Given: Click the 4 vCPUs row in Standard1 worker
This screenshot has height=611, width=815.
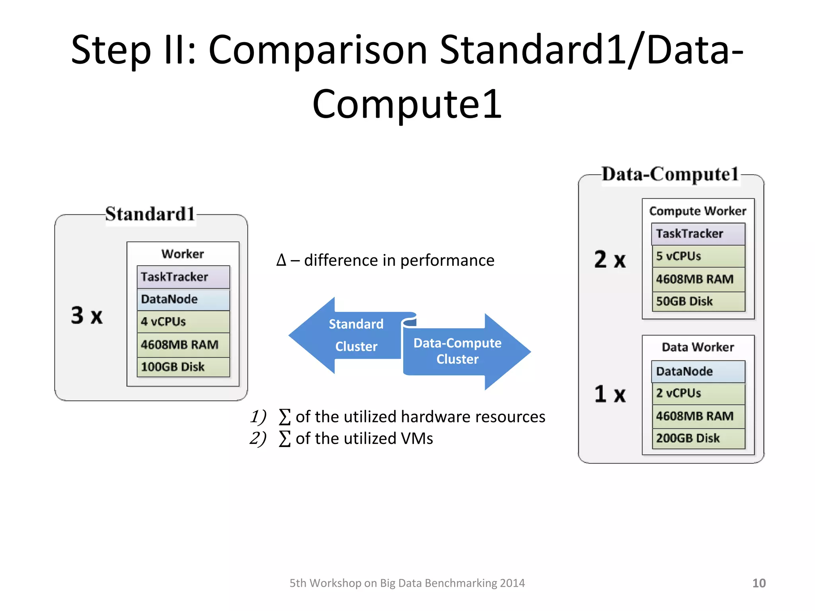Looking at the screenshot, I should (183, 321).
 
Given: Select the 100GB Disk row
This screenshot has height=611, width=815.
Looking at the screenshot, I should (183, 367).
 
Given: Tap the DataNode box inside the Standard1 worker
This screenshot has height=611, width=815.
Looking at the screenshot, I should (183, 299).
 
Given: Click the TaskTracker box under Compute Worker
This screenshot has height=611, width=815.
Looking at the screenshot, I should (698, 234).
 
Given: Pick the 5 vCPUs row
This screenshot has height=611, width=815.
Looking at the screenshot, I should (698, 256).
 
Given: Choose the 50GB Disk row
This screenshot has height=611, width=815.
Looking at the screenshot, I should (698, 302).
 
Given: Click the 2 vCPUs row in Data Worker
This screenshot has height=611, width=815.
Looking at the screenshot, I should (698, 393).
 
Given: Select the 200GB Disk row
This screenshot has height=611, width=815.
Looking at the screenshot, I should (698, 438).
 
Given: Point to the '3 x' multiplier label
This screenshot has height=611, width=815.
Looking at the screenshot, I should (87, 315).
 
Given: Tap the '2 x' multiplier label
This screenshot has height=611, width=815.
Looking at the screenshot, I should (610, 259).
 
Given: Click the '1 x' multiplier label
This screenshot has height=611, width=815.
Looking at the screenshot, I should (610, 394).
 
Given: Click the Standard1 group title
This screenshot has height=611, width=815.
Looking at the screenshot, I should (150, 214).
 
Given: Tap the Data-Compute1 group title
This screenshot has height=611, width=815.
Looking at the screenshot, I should (670, 174).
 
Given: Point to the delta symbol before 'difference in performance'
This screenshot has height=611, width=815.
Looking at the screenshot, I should (281, 261).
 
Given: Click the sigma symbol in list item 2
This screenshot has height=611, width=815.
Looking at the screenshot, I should (285, 439).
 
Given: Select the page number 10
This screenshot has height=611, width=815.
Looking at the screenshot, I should (758, 583).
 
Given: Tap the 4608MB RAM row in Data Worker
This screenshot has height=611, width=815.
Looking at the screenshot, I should (698, 416).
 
